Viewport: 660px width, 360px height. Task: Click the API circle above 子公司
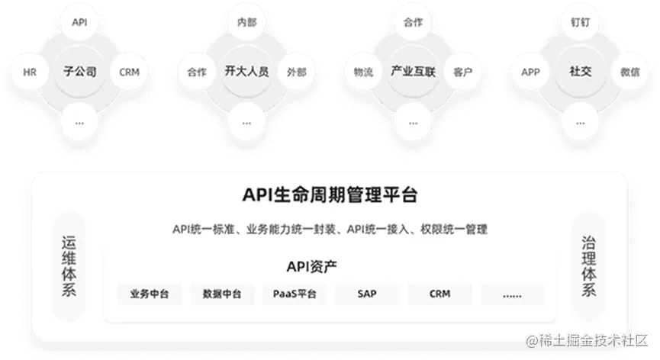pyautogui.click(x=80, y=23)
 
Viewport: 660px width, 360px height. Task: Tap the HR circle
pyautogui.click(x=31, y=72)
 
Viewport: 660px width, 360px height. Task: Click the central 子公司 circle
pyautogui.click(x=80, y=72)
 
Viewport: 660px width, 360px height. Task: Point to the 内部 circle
pyautogui.click(x=246, y=23)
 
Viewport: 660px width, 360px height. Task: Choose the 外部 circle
pyautogui.click(x=297, y=72)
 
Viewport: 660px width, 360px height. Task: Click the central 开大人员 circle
pyautogui.click(x=246, y=72)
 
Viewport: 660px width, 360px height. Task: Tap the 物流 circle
pyautogui.click(x=363, y=72)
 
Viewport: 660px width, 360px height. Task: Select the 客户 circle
pyautogui.click(x=462, y=72)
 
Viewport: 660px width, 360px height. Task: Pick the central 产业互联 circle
pyautogui.click(x=413, y=72)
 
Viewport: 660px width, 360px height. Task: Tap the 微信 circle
pyautogui.click(x=630, y=72)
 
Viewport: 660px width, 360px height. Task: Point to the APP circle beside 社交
pyautogui.click(x=530, y=72)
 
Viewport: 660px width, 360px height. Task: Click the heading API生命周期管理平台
pyautogui.click(x=330, y=194)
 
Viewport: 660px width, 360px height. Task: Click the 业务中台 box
pyautogui.click(x=150, y=294)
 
